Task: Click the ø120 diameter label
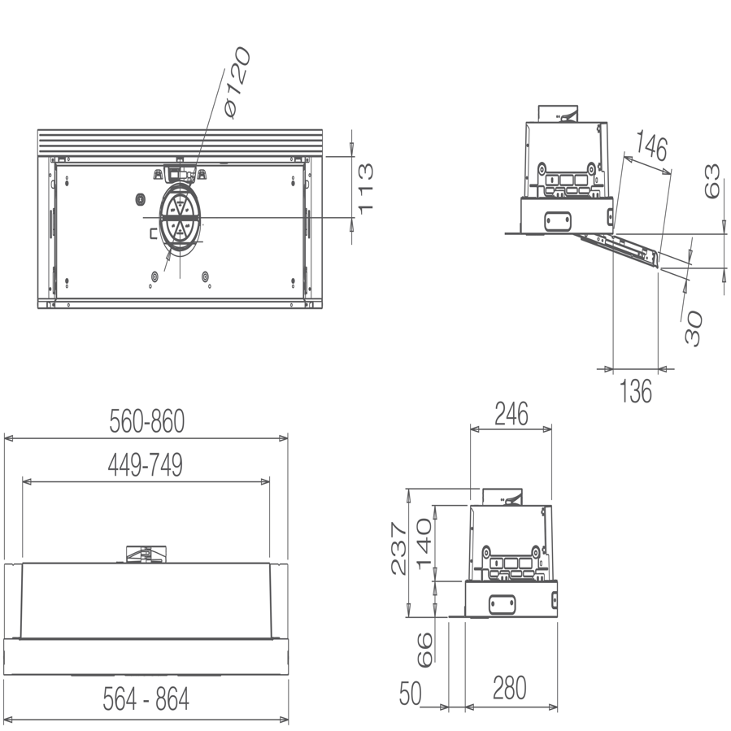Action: point(237,83)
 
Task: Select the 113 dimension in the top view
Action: point(366,187)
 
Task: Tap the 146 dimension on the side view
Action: point(651,147)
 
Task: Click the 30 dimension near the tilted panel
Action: point(692,327)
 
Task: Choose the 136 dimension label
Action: point(635,390)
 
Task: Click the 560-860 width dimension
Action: point(147,421)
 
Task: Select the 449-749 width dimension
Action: point(146,465)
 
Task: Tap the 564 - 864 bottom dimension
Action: point(146,699)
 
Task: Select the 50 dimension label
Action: point(411,693)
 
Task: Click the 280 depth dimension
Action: point(509,689)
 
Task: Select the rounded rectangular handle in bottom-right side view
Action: point(503,603)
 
